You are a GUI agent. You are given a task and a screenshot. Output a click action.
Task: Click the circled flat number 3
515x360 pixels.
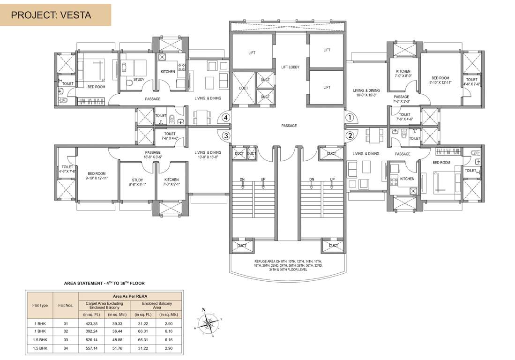tap(226, 136)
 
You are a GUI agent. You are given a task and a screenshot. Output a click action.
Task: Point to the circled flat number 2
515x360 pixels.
tap(349, 136)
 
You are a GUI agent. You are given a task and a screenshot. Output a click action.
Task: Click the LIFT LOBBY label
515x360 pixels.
tap(290, 67)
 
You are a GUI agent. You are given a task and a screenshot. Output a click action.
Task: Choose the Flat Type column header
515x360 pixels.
tap(40, 305)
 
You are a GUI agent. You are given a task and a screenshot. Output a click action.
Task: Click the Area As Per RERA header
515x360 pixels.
tap(131, 296)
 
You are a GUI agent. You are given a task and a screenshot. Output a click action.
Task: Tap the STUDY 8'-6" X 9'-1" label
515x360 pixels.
tap(137, 182)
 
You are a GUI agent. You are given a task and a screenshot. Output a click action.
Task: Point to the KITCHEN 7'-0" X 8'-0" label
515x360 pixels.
tap(403, 74)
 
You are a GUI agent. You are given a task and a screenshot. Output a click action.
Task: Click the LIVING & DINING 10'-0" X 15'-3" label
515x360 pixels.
tap(366, 93)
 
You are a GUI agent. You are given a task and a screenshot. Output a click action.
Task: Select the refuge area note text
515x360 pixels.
tap(289, 265)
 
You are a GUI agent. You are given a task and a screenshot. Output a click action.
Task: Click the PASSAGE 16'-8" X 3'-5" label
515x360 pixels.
tap(153, 155)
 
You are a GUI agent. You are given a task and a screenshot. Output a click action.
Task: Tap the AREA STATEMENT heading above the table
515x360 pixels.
tap(104, 283)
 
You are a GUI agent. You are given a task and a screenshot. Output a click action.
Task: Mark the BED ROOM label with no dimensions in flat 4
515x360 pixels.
tap(97, 87)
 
